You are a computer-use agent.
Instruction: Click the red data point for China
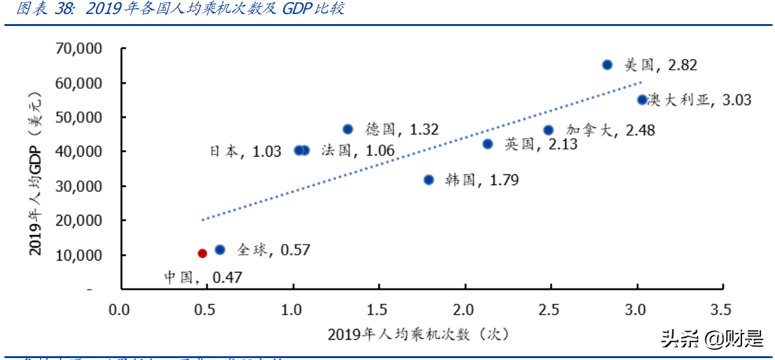202,253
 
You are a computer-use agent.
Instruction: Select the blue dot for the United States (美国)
607,65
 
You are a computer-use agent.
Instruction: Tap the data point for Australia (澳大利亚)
642,100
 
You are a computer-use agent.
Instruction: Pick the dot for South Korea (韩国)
429,180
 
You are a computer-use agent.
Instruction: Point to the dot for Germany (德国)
348,129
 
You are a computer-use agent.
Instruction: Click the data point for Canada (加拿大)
549,130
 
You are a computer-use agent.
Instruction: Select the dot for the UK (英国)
488,144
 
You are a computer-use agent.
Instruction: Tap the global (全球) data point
220,250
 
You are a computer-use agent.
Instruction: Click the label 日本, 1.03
245,151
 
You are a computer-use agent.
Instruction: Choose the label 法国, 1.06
357,151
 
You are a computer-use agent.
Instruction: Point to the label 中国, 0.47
203,277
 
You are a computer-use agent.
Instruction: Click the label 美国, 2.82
660,65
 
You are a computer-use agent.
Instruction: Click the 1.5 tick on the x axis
379,310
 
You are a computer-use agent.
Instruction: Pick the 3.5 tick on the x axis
721,310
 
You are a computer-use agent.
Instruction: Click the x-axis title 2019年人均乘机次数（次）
419,335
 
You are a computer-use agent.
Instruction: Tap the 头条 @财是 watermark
712,339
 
